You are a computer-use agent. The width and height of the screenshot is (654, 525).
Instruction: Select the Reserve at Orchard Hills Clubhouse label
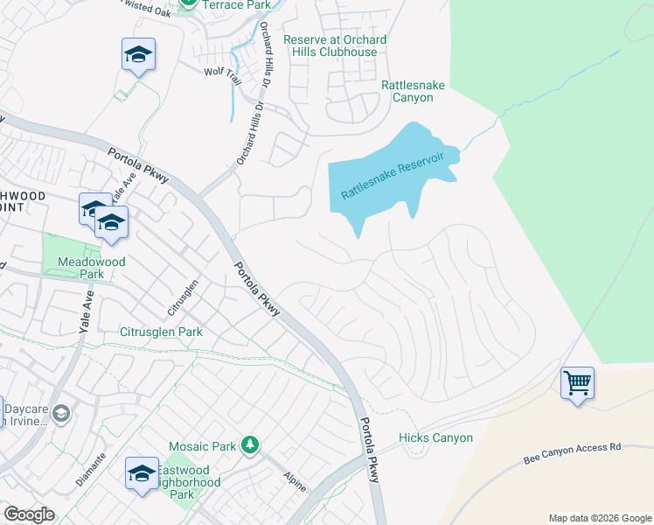(x=335, y=45)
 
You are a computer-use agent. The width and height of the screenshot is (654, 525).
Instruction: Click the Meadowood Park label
(x=92, y=268)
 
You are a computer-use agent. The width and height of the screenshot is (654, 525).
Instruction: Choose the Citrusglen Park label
(x=161, y=332)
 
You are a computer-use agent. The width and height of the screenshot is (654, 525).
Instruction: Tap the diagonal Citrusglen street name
(x=184, y=298)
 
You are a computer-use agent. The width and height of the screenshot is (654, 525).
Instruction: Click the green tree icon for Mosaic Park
(x=250, y=445)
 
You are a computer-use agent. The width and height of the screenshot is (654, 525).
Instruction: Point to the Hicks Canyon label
(x=435, y=437)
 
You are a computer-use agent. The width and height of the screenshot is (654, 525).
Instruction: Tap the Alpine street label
(x=295, y=480)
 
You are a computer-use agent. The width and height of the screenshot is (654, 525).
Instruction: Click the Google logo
(x=30, y=514)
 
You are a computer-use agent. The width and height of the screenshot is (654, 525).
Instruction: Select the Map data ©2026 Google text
(x=599, y=518)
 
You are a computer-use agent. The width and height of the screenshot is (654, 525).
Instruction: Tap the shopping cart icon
(x=577, y=382)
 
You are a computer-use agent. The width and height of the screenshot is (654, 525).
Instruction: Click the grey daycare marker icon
(x=60, y=413)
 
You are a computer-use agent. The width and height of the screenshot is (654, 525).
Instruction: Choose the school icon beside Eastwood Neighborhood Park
(x=141, y=473)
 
